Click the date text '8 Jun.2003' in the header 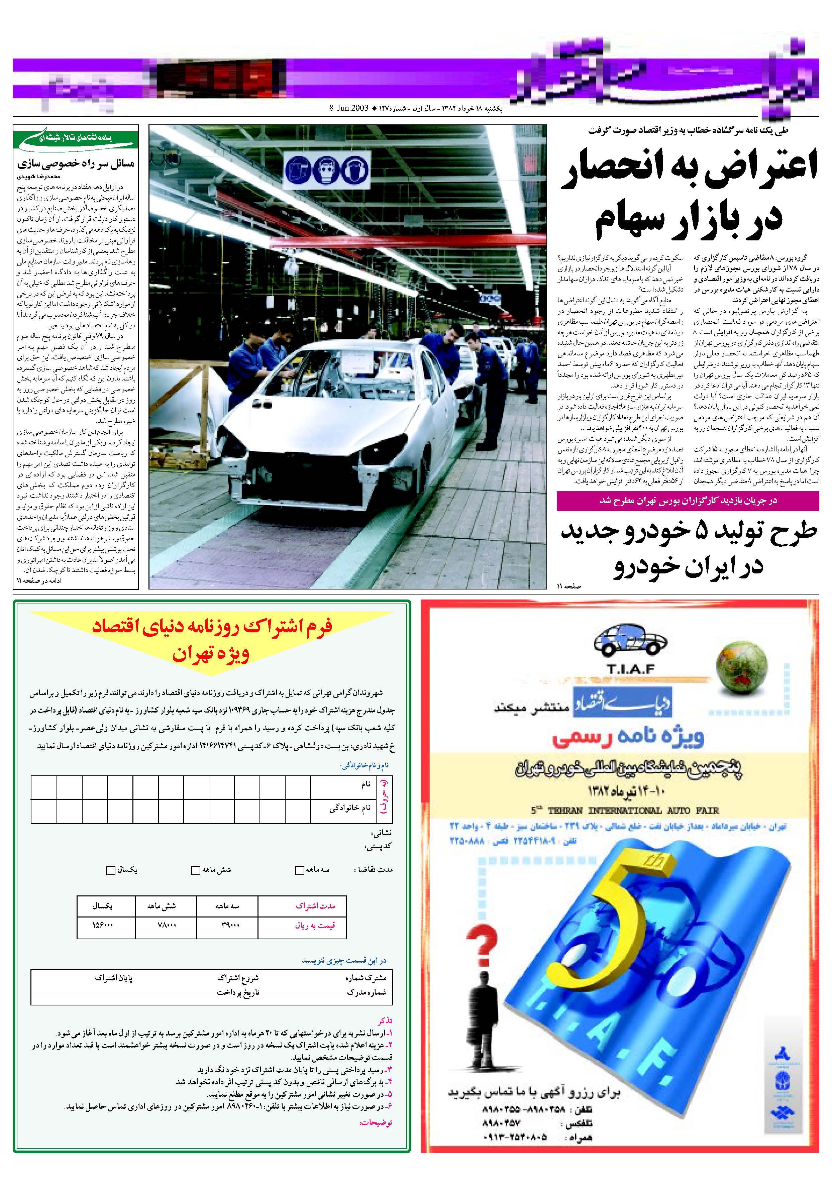349,108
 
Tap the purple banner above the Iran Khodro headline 688,501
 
